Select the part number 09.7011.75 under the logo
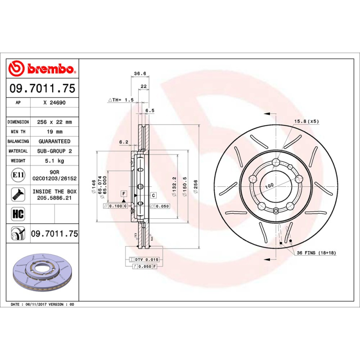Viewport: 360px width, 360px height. (x=43, y=88)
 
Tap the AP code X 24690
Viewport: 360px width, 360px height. (x=54, y=103)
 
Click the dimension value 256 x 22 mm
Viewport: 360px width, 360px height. (x=54, y=122)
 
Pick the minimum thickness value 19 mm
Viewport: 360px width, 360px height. (x=54, y=131)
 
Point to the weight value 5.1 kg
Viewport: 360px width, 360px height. (x=54, y=161)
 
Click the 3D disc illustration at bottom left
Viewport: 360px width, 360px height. (x=43, y=272)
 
